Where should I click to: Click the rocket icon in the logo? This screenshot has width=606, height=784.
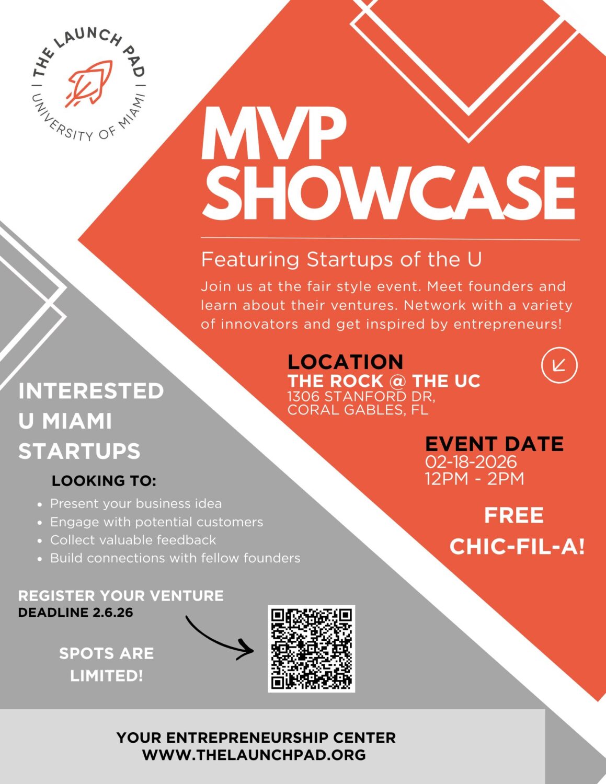coord(89,84)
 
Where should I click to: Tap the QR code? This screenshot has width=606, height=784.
coord(311,649)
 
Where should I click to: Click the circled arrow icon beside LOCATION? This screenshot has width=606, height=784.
coord(559,365)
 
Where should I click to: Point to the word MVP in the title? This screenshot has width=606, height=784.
coord(273,133)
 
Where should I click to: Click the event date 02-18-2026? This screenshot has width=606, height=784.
coord(471,462)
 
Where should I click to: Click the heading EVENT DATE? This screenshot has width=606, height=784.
coord(495,444)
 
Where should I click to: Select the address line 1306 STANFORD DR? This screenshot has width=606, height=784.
coord(361,397)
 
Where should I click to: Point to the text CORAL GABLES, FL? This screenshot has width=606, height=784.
coord(358,409)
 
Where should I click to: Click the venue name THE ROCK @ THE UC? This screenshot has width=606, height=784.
coord(384,381)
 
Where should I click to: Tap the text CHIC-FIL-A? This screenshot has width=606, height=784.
coord(517,547)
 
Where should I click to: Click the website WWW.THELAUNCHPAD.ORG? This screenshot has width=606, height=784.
coord(254,755)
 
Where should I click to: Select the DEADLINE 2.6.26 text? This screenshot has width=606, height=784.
coord(75,612)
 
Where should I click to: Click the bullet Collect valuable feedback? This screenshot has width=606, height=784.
coord(133,540)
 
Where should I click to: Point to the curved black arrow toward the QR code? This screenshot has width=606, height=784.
coord(216,641)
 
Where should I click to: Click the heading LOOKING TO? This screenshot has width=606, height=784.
coord(104,481)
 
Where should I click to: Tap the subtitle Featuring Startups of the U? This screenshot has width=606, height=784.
coord(341,259)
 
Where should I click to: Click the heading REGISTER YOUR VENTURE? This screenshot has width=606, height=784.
coord(121,596)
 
